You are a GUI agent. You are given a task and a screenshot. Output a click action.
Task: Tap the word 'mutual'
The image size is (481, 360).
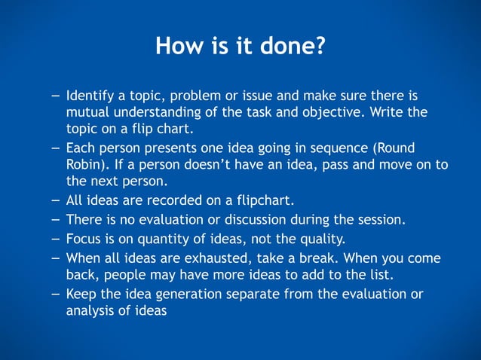tap(87, 113)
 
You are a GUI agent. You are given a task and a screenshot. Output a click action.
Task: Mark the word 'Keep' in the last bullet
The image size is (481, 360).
tap(81, 294)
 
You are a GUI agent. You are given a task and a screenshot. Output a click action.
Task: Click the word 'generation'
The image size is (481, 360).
tap(171, 294)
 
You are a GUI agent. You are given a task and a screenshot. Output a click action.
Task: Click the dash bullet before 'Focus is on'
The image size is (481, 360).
tap(57, 239)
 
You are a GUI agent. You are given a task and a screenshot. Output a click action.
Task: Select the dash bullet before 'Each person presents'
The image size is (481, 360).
tap(57, 148)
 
